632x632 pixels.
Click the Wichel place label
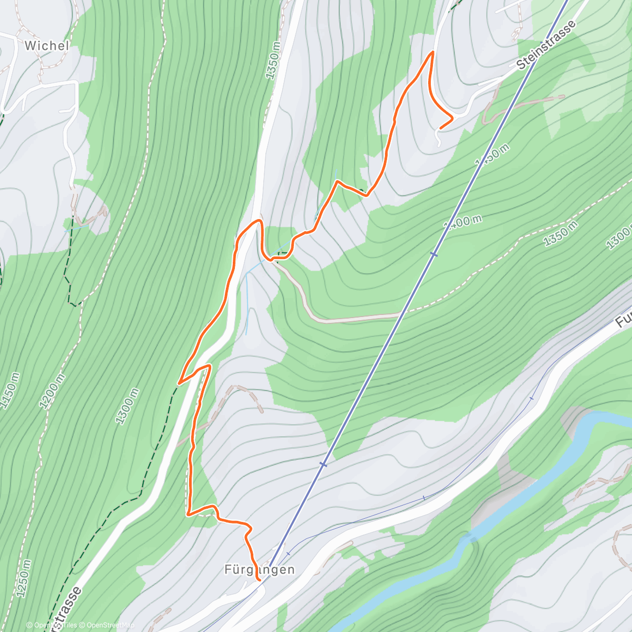coord(47,46)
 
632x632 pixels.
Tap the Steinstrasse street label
coord(546,46)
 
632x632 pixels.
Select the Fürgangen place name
coord(260,569)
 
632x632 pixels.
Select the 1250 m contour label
coord(24,578)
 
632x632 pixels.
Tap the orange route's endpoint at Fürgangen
coord(259,580)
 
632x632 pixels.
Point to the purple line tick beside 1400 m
coord(433,254)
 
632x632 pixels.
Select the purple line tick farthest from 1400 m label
coord(288,553)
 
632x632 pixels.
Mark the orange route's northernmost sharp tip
coord(433,52)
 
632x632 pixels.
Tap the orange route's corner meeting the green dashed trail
coord(180,382)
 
